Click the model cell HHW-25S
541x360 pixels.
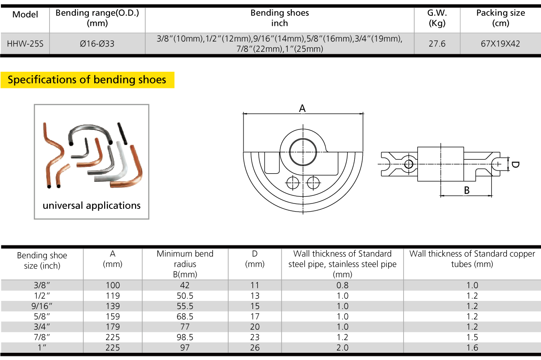tap(25, 44)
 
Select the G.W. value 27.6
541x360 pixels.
tap(437, 44)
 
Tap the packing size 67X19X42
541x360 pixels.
tap(500, 44)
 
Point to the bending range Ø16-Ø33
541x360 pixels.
tap(97, 44)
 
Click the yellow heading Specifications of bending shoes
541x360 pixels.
tap(87, 80)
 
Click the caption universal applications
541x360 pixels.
tap(92, 206)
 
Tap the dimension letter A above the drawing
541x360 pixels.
tap(303, 108)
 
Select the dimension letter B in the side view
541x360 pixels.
tap(467, 190)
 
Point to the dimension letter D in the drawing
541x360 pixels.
tap(515, 165)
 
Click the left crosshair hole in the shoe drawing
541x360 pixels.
tap(293, 183)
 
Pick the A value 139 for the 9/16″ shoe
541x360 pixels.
tap(113, 306)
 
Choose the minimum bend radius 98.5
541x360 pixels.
tap(185, 337)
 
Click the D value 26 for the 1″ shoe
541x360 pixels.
tap(255, 348)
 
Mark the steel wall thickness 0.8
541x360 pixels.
tap(343, 286)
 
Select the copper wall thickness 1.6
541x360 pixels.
tap(472, 348)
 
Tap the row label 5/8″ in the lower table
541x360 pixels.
tap(42, 317)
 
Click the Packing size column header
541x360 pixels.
tap(500, 18)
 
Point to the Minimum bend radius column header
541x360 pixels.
tap(185, 264)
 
